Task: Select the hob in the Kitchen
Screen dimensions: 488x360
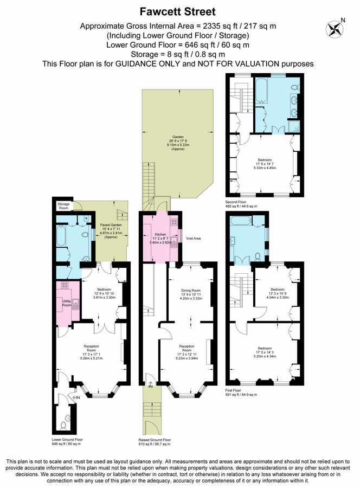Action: [174, 222]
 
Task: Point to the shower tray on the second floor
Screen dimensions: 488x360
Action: [297, 125]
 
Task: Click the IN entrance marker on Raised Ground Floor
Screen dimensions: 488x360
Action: [150, 386]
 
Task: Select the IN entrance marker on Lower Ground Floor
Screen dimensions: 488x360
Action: [77, 397]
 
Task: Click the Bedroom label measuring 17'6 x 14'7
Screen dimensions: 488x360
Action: [265, 160]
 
